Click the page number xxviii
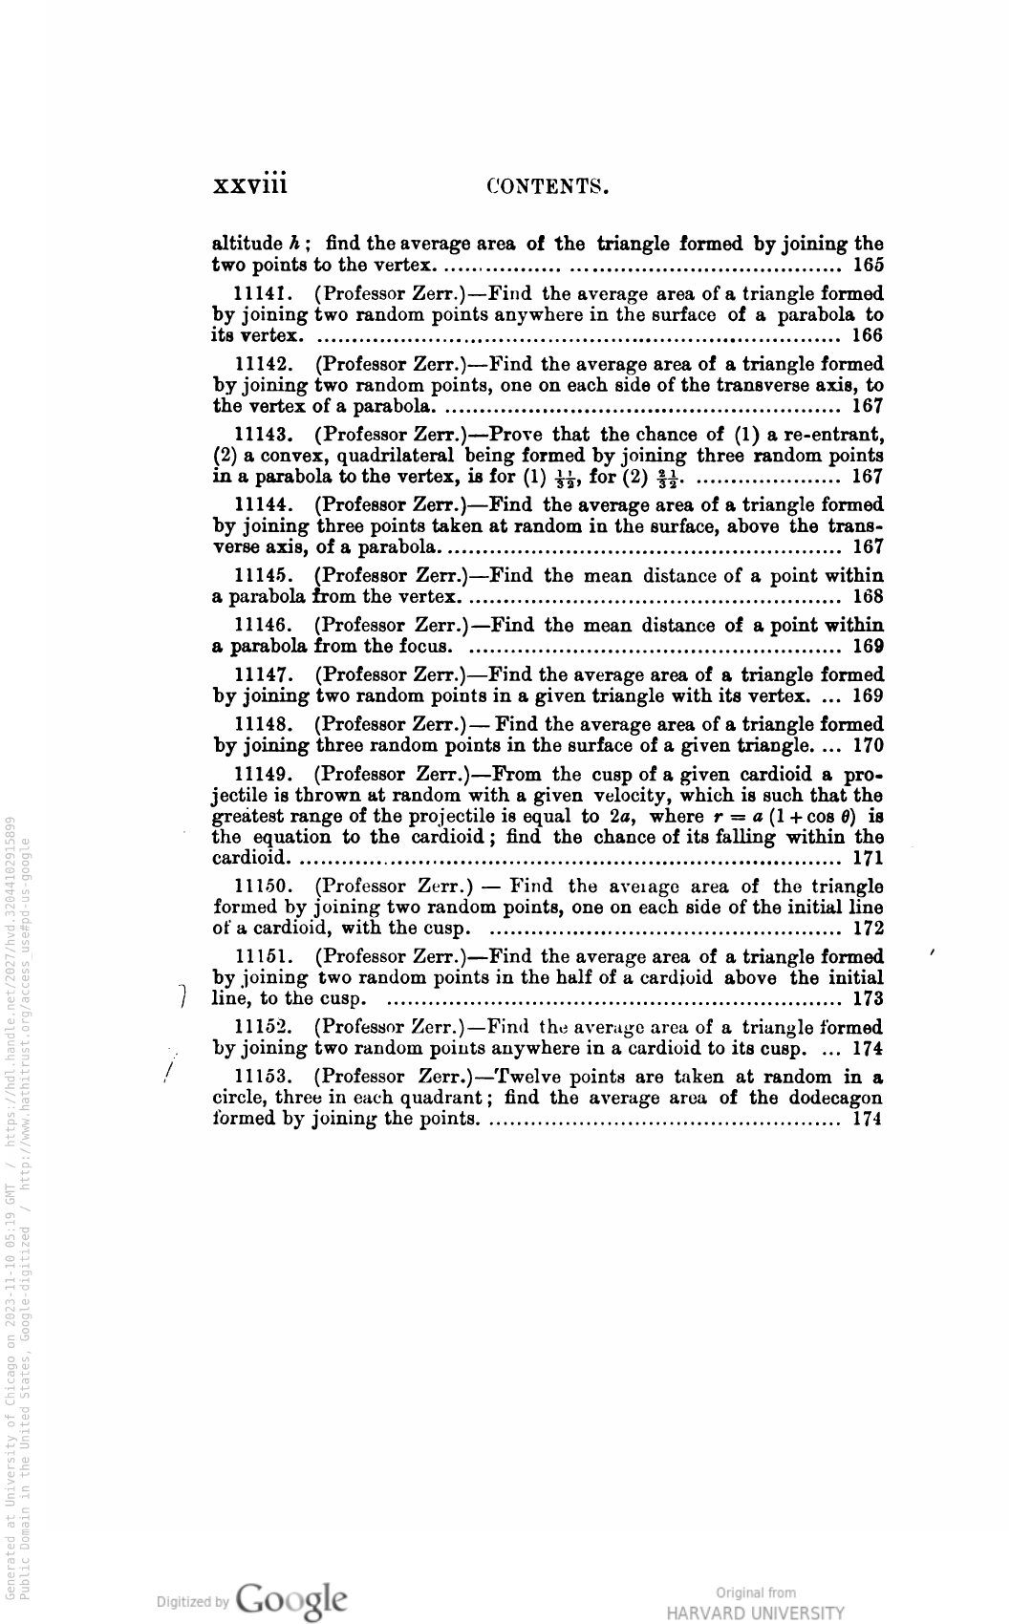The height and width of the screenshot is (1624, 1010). pos(249,182)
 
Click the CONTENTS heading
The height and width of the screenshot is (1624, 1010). pos(548,184)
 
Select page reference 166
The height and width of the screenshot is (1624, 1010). pos(867,335)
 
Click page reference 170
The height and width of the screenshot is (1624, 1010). pos(867,746)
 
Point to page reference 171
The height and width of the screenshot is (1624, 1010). pos(867,857)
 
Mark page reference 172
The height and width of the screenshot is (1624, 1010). pos(867,928)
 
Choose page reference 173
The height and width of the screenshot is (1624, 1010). pos(867,1000)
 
